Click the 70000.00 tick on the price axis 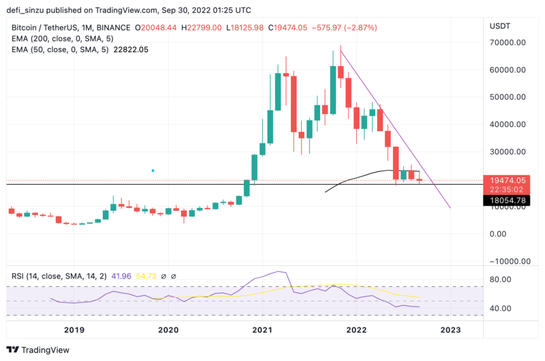[x=507, y=43]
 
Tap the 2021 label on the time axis [x=262, y=330]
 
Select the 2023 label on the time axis [x=451, y=330]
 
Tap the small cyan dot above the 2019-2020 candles [x=153, y=170]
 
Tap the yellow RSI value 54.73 [x=132, y=276]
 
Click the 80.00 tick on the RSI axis [x=501, y=279]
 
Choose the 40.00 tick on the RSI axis [x=501, y=308]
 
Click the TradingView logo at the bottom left [x=38, y=350]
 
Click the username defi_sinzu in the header [x=30, y=10]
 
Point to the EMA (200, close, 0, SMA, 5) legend [x=58, y=39]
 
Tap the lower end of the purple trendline [x=451, y=207]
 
